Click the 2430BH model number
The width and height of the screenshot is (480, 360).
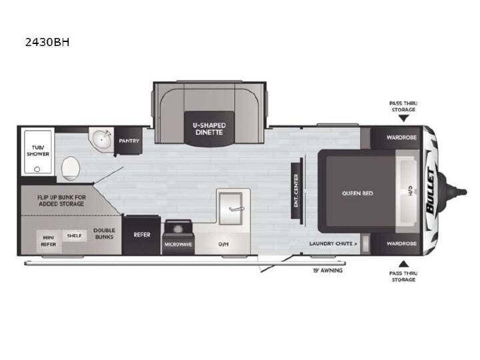tap(47, 42)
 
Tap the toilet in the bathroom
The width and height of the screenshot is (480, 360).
tap(71, 169)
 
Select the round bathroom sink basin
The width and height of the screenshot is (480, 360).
tap(101, 139)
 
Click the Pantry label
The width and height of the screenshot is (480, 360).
tap(129, 141)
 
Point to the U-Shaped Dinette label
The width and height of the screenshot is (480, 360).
tap(209, 129)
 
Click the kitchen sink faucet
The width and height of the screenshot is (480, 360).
tap(236, 209)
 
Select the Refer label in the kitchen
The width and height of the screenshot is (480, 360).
tap(142, 235)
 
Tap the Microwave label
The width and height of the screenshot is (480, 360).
tap(178, 244)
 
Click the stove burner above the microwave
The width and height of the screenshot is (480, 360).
tap(178, 229)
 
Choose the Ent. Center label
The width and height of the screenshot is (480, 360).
tap(296, 191)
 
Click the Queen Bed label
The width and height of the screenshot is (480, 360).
tap(357, 193)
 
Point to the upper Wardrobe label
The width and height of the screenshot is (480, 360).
tap(401, 137)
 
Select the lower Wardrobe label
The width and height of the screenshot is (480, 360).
tap(401, 244)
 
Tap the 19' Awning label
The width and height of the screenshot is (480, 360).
tap(327, 270)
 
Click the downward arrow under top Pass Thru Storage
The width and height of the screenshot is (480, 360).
tap(403, 118)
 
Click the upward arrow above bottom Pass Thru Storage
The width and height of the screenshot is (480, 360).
tap(403, 264)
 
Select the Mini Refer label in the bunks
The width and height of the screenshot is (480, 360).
tap(49, 241)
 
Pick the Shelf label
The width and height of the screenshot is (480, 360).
tap(74, 236)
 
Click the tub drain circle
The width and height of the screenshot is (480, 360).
tap(37, 169)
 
